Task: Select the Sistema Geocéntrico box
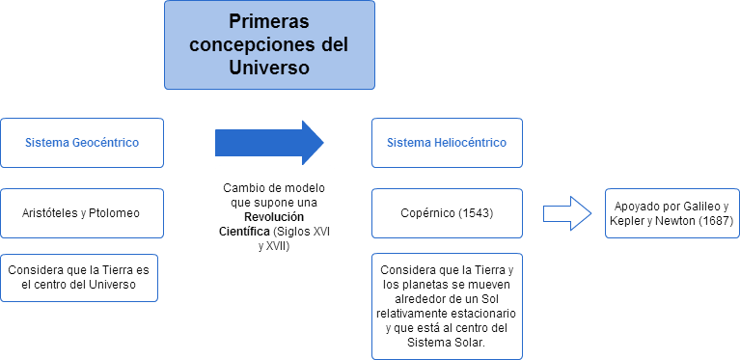tap(81, 143)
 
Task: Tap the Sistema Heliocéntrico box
tap(446, 143)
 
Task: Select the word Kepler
tap(627, 221)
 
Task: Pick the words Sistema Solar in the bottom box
tap(447, 343)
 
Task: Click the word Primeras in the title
tap(269, 21)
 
